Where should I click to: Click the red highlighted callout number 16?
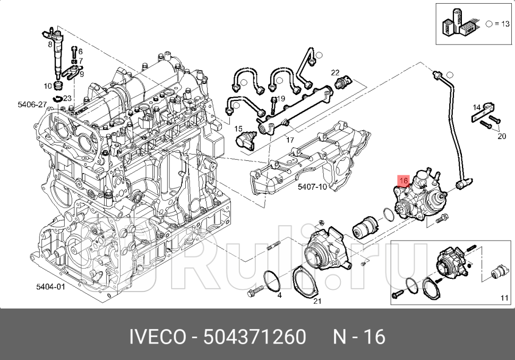coord(403,181)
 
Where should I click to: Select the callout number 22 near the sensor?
coord(335,72)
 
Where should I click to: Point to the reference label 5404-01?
coord(50,287)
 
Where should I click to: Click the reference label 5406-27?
coord(32,105)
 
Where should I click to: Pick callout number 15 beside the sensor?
coord(238,128)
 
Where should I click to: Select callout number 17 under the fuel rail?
coord(290,140)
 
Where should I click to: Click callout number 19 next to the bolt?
coord(50,45)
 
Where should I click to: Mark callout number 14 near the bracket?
coord(477,107)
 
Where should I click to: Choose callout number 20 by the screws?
coord(502,136)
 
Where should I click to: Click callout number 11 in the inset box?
coord(504,298)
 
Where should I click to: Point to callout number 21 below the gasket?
coord(317,301)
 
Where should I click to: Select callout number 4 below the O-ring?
coord(279,295)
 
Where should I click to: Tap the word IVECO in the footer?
coord(154,337)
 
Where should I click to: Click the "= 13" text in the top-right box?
coord(501,24)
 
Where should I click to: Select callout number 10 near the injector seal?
coord(47,86)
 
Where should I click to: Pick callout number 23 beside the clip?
coord(67,98)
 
